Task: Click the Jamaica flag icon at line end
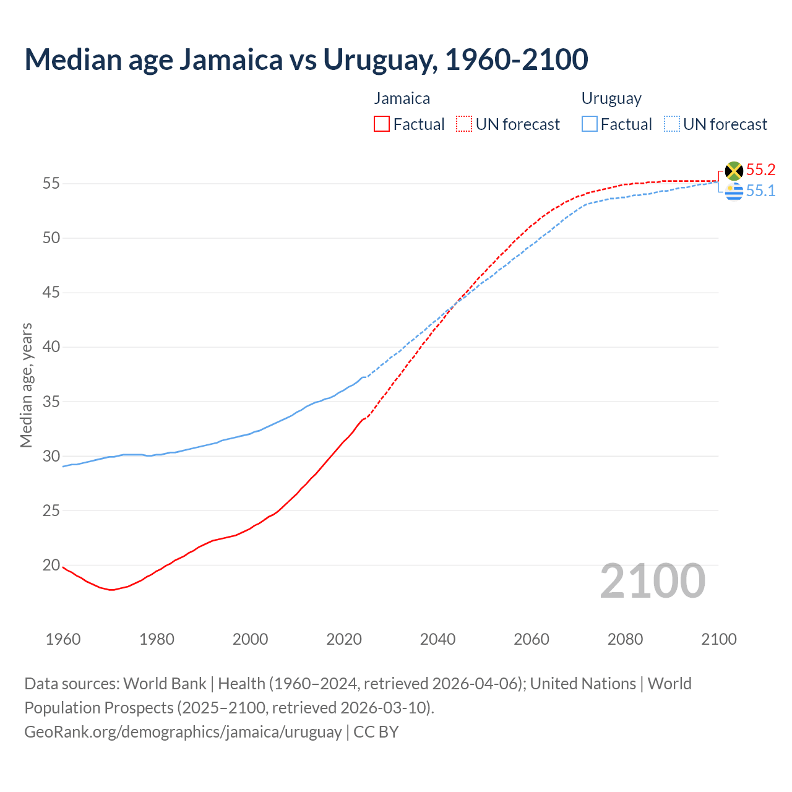pos(734,171)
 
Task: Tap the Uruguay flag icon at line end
pos(734,192)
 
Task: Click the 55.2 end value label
pos(760,170)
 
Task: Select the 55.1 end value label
pos(760,191)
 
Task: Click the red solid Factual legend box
pos(382,124)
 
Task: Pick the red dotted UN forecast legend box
pos(464,124)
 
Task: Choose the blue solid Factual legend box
pos(589,124)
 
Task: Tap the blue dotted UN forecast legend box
pos(671,124)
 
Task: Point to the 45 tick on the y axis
pos(51,292)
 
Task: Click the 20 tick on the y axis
pos(51,565)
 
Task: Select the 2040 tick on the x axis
pos(437,639)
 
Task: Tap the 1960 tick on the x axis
pos(63,639)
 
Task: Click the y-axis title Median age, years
pos(26,385)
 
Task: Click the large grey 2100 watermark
pos(652,581)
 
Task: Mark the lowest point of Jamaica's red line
pos(111,590)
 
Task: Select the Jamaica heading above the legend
pos(402,98)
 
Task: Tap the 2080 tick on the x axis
pos(625,639)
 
